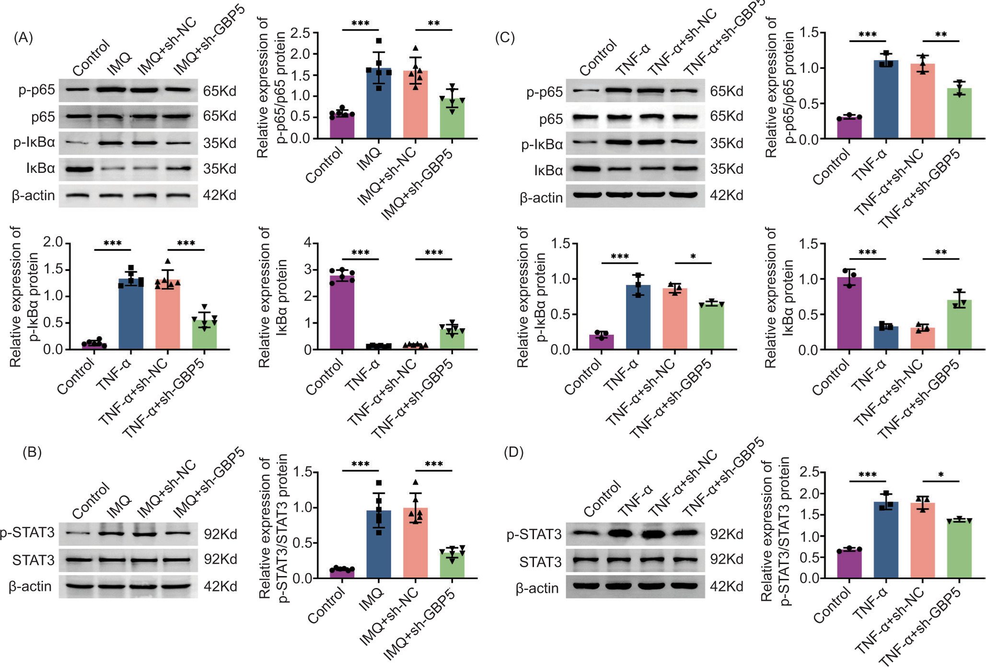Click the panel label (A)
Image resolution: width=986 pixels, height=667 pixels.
pos(23,37)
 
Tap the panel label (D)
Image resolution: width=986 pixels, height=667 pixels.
pos(514,452)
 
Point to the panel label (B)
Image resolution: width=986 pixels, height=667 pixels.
pos(32,452)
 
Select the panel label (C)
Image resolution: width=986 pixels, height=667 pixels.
pos(505,37)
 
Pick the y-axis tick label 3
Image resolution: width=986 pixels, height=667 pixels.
pos(307,269)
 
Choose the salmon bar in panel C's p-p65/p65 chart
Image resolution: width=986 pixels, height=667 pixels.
pos(923,101)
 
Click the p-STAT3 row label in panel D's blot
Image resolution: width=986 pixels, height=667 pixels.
pos(534,534)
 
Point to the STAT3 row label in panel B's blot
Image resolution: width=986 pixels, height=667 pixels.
pos(34,560)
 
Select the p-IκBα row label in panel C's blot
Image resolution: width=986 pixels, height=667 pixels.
pos(542,144)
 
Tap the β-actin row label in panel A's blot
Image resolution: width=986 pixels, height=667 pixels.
pos(34,195)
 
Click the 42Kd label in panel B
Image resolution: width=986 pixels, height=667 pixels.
pos(220,587)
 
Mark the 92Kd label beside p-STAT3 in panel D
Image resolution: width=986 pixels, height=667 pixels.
pos(727,534)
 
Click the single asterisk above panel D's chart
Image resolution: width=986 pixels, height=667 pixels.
pos(941,475)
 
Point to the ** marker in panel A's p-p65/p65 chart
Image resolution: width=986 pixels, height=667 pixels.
pos(434,23)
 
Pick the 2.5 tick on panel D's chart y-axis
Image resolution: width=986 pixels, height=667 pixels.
pos(810,472)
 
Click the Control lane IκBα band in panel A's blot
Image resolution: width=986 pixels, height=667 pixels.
pos(79,169)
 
